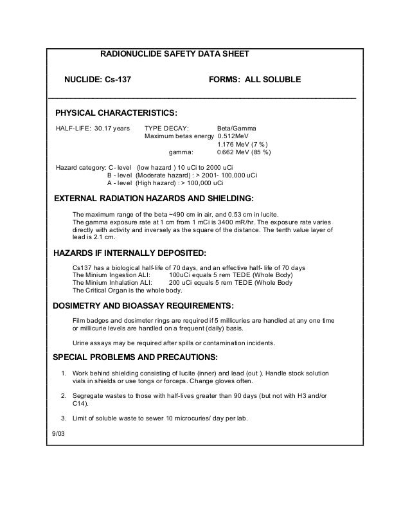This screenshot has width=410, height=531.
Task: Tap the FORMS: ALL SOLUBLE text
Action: [255, 80]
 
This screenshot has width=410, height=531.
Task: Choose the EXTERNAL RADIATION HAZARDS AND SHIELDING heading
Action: [153, 197]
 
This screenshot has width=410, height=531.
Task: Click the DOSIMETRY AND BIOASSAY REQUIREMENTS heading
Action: [143, 305]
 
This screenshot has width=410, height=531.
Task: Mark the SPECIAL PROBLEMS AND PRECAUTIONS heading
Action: [135, 357]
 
